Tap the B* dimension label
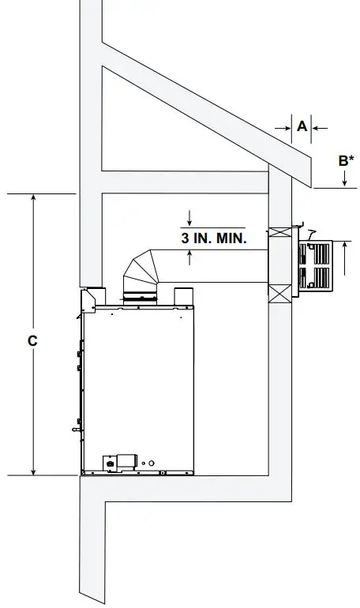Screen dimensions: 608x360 coord(345,161)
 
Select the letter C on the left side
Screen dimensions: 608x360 coord(32,341)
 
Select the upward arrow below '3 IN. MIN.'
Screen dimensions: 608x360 coord(189,255)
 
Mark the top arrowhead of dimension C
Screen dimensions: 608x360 coord(33,198)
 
